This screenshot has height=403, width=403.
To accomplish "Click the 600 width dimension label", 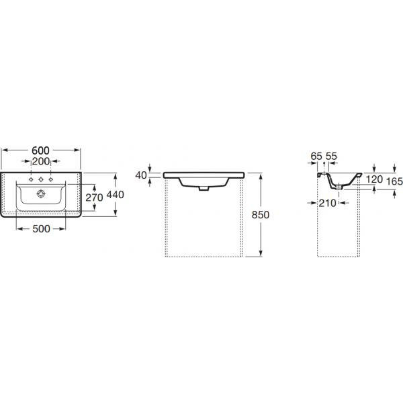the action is click(x=40, y=150).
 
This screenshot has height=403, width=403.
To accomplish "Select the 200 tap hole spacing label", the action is click(x=41, y=161).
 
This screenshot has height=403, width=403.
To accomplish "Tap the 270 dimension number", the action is click(x=94, y=197).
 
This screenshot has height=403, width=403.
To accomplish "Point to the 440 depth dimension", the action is click(x=115, y=195).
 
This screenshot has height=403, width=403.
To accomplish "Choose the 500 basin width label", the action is click(x=42, y=229).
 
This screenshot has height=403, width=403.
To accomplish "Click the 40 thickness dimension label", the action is click(x=141, y=175).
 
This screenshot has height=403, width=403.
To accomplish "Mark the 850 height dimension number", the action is click(x=261, y=215).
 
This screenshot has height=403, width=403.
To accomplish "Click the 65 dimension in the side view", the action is click(x=316, y=156).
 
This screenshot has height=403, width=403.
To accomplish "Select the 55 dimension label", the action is click(x=331, y=156).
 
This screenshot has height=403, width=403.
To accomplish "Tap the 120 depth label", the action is click(x=374, y=179).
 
